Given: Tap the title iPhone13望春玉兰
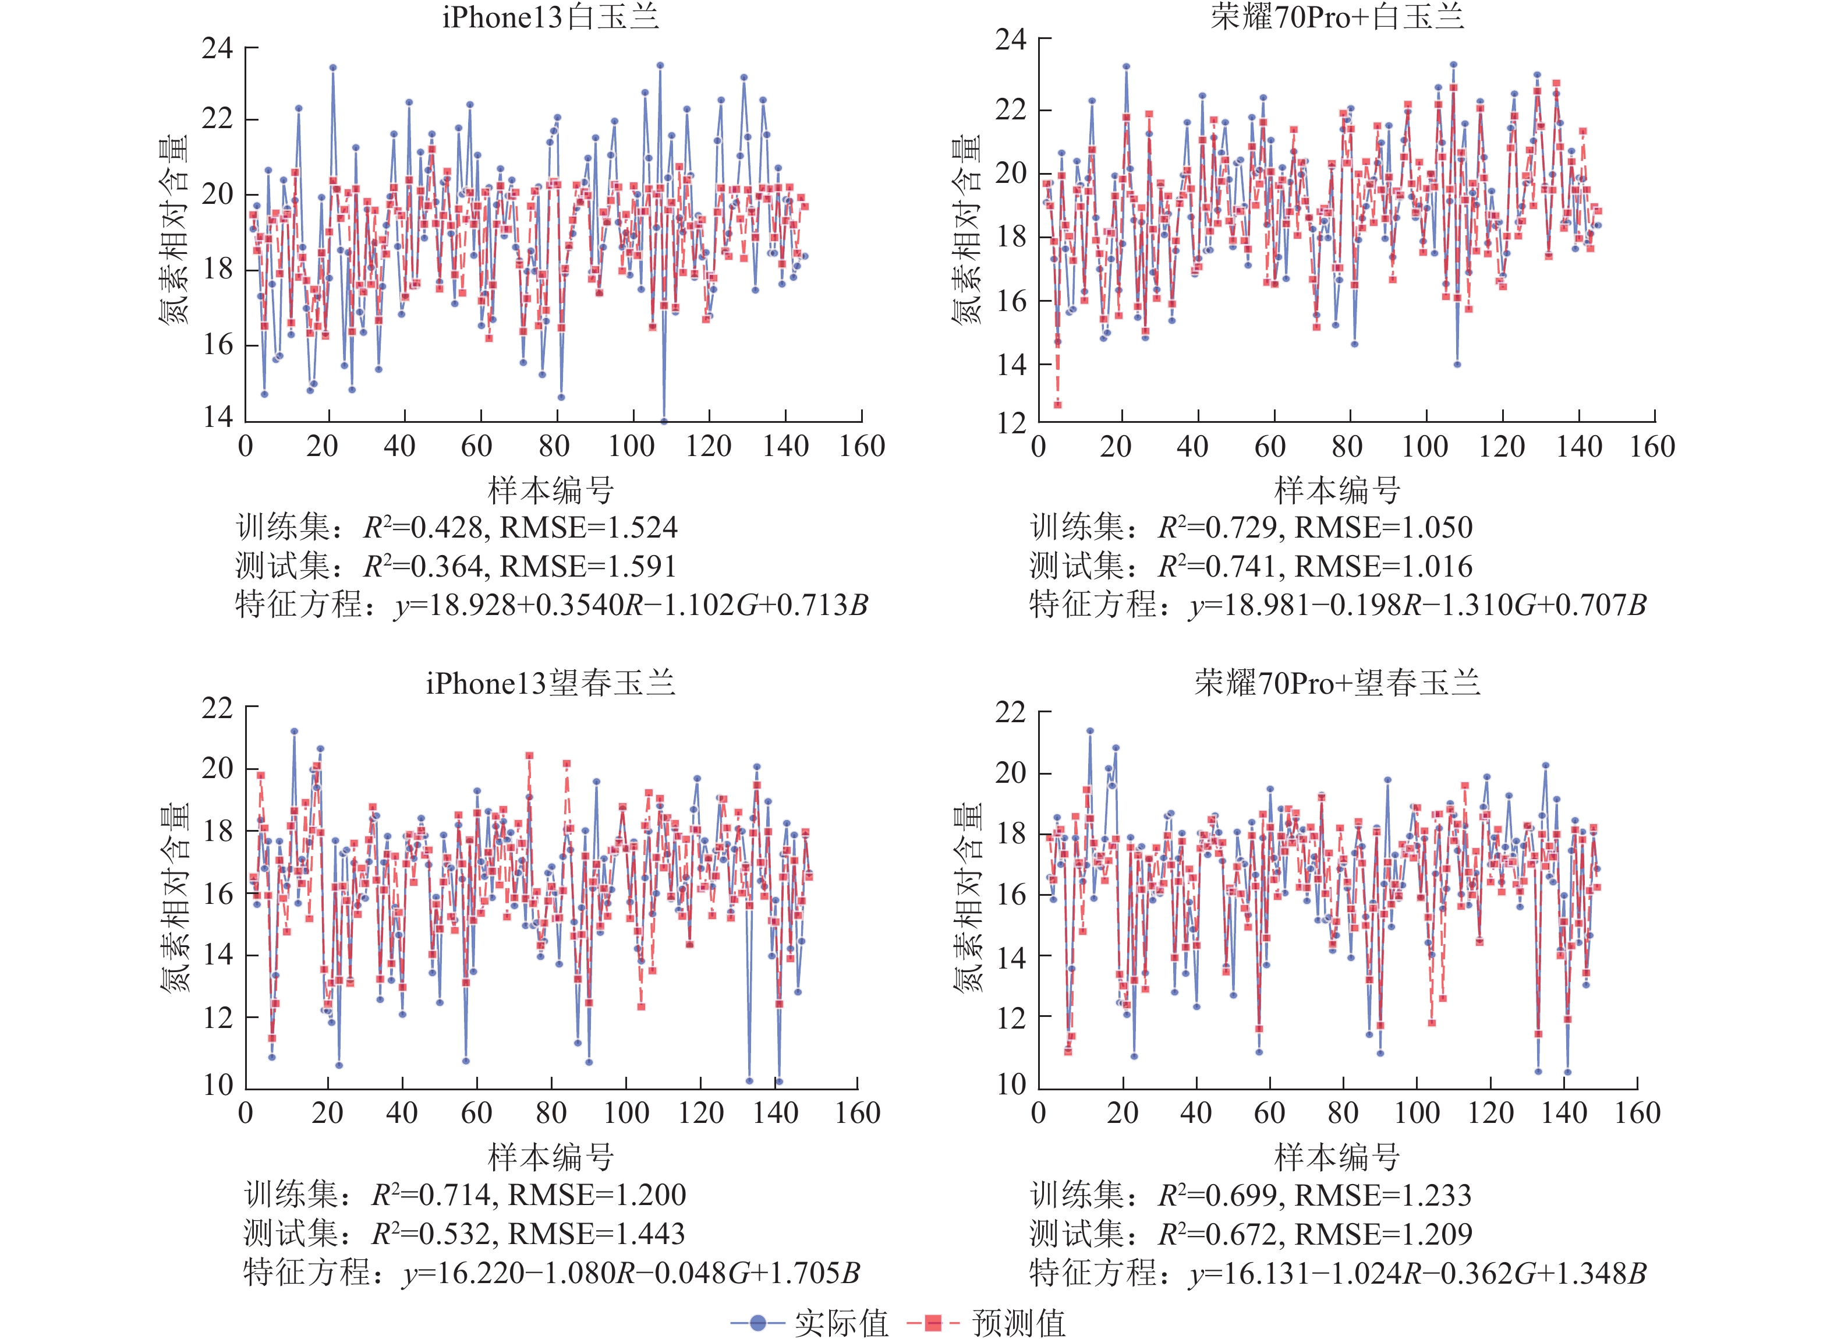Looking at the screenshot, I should (x=550, y=683).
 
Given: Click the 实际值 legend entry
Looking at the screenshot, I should (x=810, y=1323).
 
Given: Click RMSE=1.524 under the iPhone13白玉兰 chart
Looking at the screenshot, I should (x=589, y=528).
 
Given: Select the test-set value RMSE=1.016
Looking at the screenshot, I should (x=1383, y=567).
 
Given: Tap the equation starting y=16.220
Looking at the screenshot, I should (x=631, y=1273).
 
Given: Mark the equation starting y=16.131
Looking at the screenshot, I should (x=1418, y=1273).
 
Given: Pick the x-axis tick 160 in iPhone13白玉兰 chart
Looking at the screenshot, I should (x=862, y=446).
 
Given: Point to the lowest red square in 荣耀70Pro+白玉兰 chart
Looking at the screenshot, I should (x=1058, y=404).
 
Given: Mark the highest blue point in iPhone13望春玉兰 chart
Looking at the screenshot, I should (x=294, y=731).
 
